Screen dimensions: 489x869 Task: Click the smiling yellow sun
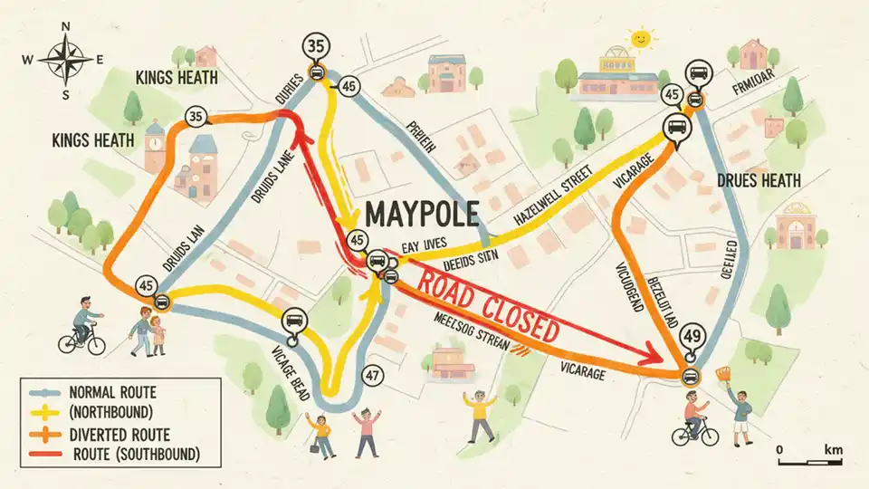click(x=641, y=39)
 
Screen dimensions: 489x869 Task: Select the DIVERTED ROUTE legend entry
click(x=118, y=435)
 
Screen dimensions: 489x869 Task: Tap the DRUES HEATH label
click(x=759, y=181)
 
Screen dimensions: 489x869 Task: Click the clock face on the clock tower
click(x=153, y=142)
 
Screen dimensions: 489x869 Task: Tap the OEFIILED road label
click(x=730, y=262)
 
